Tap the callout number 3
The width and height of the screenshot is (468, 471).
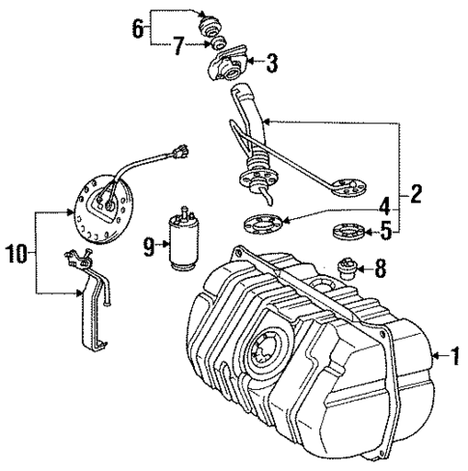click(272, 65)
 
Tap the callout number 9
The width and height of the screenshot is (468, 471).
click(150, 247)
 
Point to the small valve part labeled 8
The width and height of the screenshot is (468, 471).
click(346, 267)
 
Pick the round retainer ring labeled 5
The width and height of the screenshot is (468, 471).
click(346, 232)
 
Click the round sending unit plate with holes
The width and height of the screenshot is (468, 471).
click(103, 206)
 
